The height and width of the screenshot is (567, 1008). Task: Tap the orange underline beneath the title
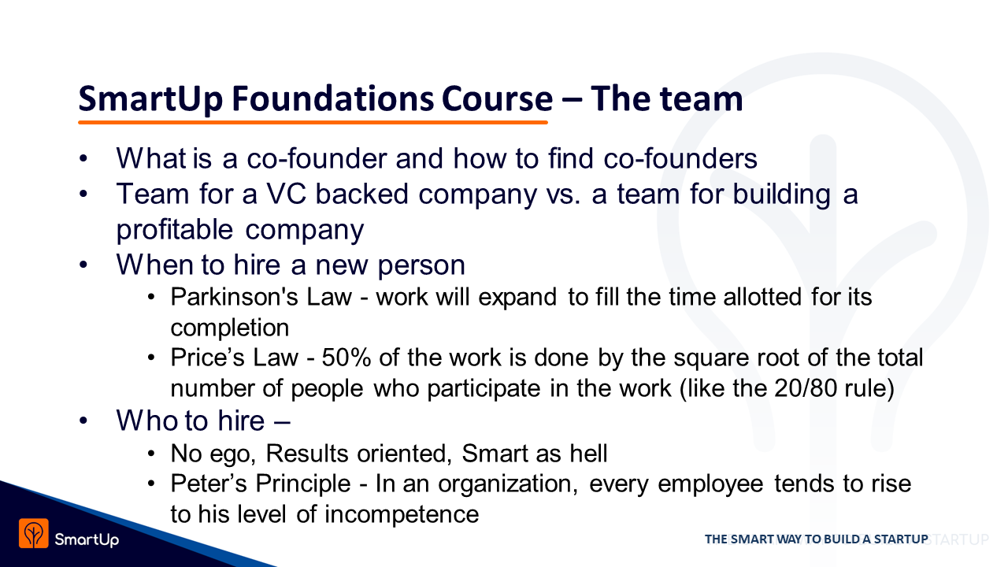[x=313, y=122]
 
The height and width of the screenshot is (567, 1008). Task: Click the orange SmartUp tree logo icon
[x=33, y=533]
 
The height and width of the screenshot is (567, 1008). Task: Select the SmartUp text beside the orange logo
[x=87, y=539]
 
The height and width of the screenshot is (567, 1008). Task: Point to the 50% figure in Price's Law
[x=346, y=358]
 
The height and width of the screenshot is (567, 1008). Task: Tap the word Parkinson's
[x=234, y=297]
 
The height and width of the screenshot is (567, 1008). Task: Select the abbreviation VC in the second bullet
[x=287, y=194]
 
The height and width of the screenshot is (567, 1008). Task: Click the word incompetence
[x=402, y=514]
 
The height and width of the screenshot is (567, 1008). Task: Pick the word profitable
[x=175, y=230]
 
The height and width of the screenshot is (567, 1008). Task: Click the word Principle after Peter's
[x=303, y=484]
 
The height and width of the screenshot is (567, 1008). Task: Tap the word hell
[x=588, y=453]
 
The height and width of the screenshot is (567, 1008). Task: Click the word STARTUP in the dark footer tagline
[x=901, y=539]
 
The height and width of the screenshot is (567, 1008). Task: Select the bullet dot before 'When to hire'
[x=83, y=265]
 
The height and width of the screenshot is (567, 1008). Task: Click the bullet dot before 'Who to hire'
[x=83, y=421]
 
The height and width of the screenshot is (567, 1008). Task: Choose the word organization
[x=508, y=484]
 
